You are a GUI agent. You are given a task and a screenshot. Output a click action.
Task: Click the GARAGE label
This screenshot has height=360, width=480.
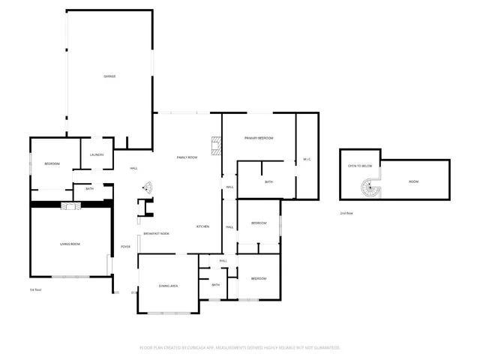click(109, 76)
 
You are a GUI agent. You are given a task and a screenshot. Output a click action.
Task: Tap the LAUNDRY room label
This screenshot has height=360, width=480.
click(97, 155)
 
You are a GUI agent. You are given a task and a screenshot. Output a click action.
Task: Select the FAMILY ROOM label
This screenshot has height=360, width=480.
click(187, 157)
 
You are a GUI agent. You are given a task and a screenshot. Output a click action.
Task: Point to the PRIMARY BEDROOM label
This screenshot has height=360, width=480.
click(259, 139)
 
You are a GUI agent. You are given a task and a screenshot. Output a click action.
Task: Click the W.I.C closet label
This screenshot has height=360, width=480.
click(307, 160)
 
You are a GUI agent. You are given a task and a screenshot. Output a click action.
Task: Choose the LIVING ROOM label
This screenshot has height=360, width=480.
click(70, 244)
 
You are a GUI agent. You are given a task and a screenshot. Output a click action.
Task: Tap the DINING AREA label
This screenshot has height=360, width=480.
click(168, 286)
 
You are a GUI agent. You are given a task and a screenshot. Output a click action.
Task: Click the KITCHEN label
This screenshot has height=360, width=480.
click(203, 226)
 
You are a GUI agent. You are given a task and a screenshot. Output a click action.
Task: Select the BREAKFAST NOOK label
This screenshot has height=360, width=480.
click(157, 234)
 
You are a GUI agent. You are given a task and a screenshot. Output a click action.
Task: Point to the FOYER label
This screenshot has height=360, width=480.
click(126, 247)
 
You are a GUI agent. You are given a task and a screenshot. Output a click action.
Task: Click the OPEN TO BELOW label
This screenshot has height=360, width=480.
click(360, 166)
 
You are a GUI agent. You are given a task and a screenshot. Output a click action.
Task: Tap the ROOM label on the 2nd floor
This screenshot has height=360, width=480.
click(414, 182)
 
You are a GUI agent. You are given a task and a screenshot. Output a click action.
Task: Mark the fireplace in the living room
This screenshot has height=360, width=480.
click(70, 207)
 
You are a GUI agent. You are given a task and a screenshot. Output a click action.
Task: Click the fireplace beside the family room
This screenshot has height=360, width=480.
click(216, 145)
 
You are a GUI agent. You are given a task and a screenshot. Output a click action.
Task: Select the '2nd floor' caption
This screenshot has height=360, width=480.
click(346, 214)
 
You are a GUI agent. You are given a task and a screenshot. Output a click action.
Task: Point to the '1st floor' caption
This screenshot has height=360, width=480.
click(34, 289)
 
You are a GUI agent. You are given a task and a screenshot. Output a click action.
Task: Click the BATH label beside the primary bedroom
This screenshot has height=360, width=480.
click(268, 182)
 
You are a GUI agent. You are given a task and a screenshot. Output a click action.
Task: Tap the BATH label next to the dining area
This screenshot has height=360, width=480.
click(216, 285)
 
